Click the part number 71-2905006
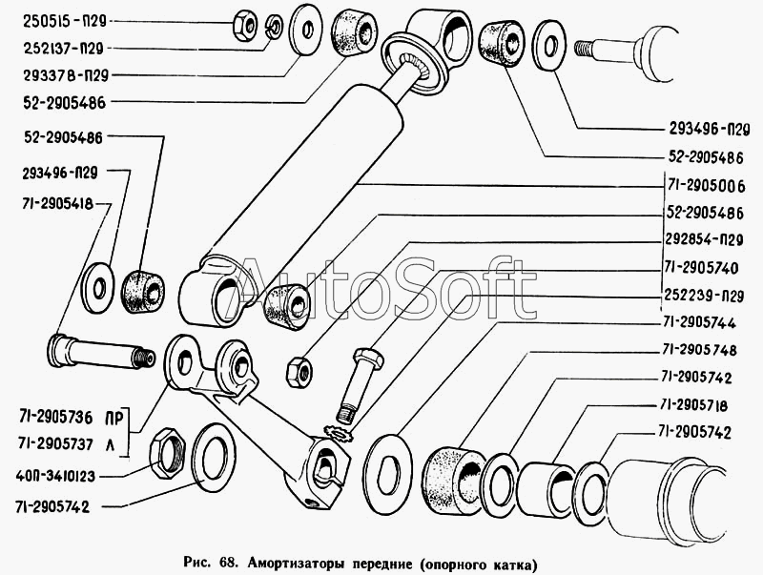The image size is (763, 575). tap(706, 184)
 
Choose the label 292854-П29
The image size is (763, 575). tap(706, 238)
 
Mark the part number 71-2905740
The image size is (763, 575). tap(706, 266)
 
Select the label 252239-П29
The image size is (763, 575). tap(706, 293)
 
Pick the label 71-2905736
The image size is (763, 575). tap(54, 418)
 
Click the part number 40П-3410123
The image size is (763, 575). tap(54, 474)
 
